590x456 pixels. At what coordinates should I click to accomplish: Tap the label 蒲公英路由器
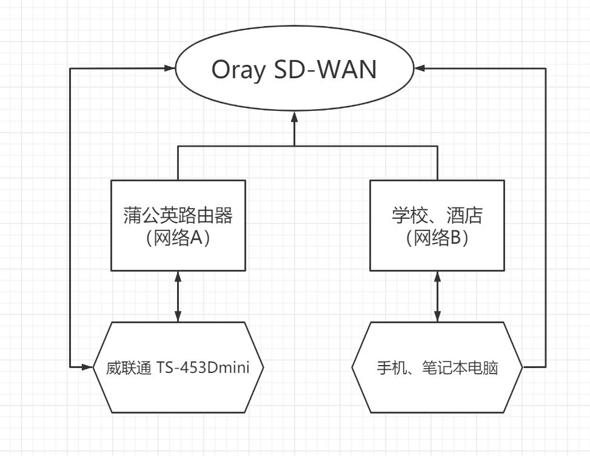178,215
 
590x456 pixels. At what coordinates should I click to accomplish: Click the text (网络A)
178,238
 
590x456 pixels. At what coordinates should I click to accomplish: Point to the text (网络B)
437,238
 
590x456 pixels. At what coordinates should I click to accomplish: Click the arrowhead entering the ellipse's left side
170,69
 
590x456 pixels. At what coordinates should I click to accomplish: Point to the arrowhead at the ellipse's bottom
295,115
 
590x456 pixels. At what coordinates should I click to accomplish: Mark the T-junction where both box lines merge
295,146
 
